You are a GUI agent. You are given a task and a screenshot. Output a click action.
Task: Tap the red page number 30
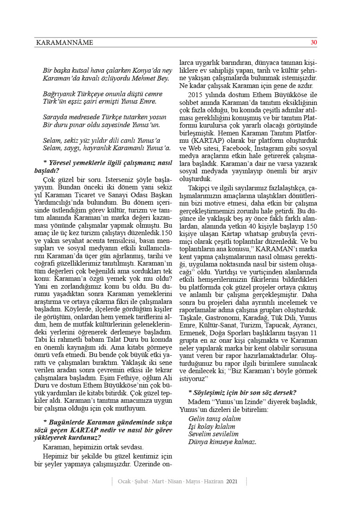313,42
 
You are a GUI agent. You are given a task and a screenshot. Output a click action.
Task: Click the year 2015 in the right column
196,94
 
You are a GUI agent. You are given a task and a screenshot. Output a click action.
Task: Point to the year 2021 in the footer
232,482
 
